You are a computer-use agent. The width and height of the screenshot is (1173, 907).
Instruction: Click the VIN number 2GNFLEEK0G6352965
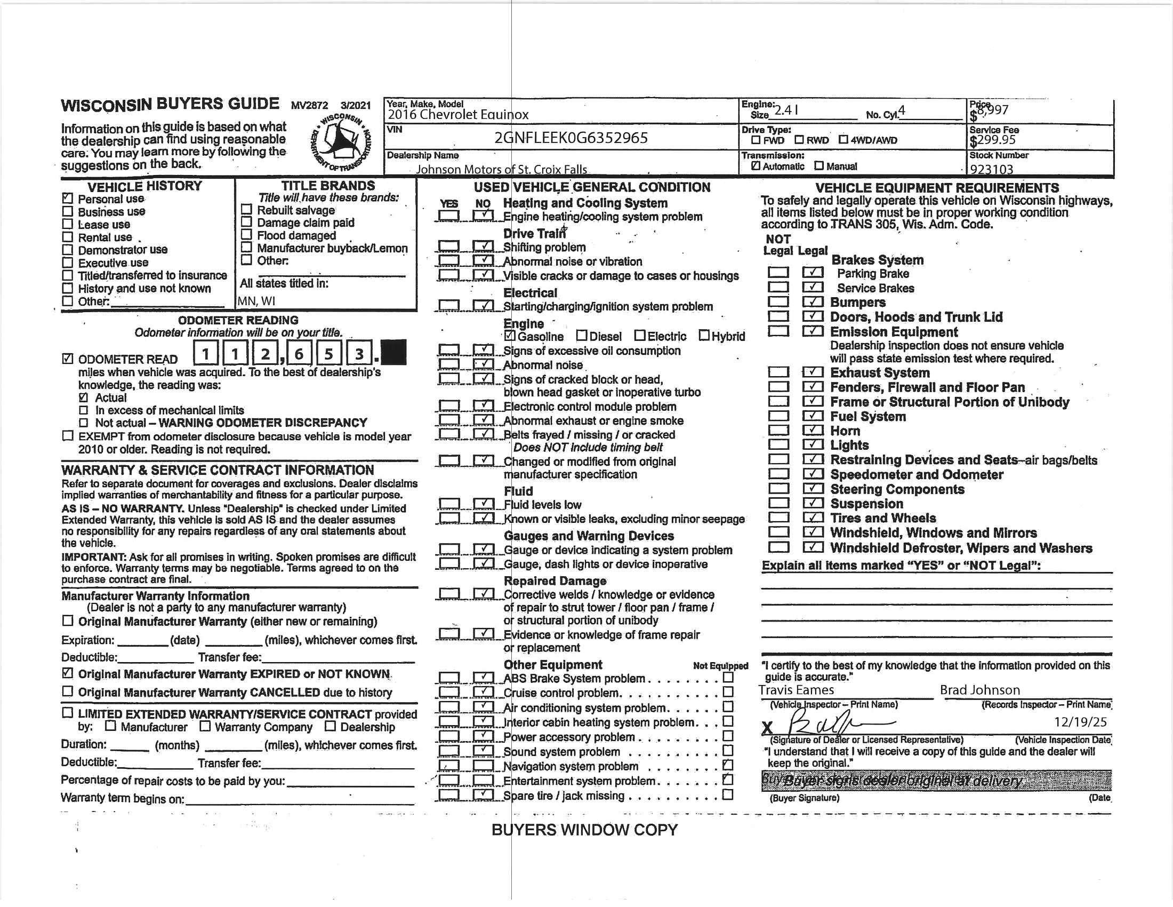tap(571, 138)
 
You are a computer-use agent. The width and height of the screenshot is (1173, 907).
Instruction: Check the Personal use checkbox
tap(68, 198)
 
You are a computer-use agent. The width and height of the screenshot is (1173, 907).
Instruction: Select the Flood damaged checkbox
tap(246, 235)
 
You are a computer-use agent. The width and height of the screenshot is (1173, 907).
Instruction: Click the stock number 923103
tap(992, 169)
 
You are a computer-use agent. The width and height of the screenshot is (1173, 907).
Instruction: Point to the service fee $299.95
tap(993, 140)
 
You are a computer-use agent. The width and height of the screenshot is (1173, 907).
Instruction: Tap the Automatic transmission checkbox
tap(756, 166)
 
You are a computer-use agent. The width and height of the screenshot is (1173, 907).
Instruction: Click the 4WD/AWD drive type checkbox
tap(843, 140)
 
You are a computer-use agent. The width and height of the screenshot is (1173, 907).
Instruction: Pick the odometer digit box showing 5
tap(328, 354)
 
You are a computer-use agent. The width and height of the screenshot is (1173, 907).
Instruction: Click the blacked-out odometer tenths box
tap(393, 353)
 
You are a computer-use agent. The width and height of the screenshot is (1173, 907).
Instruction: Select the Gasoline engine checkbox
tap(510, 336)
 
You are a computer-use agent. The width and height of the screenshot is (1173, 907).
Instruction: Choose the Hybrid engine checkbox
tap(704, 336)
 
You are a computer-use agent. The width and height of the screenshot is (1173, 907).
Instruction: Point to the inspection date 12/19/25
tap(1080, 722)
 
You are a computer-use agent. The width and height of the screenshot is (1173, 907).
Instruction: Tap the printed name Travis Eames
tap(796, 690)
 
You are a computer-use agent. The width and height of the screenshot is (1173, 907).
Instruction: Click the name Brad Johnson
tap(979, 690)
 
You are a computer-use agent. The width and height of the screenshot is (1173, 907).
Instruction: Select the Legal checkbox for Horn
tap(813, 431)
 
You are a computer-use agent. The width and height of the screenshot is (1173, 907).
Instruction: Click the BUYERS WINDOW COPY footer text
tap(584, 830)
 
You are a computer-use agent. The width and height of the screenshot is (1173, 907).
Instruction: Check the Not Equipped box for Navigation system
tap(728, 765)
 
